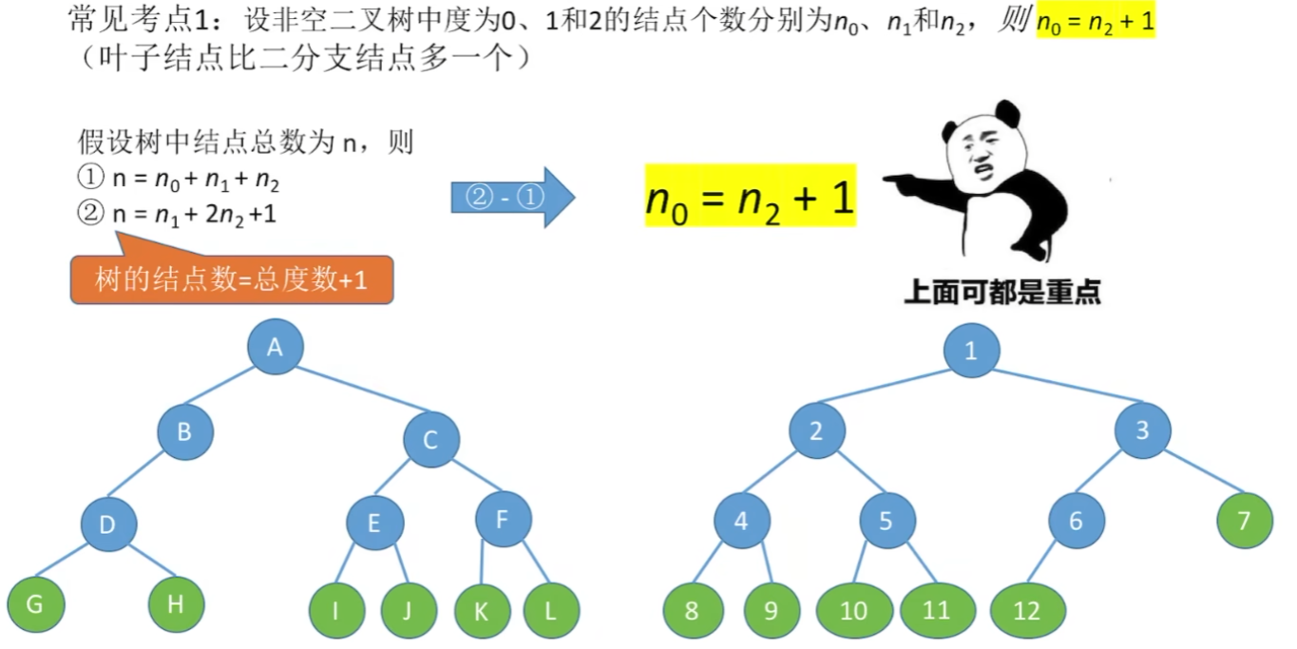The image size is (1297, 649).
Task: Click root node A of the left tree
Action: pos(275,347)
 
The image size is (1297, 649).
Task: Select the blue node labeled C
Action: pos(430,439)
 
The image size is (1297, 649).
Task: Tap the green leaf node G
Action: pos(35,603)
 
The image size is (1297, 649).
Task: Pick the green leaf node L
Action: pos(550,610)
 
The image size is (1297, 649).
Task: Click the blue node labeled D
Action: pos(108,524)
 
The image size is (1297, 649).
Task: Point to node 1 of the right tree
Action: pos(971,351)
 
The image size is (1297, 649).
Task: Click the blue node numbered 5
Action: pos(887,521)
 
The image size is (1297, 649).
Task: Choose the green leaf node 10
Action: pos(853,610)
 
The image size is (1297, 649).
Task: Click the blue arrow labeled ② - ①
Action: pos(512,197)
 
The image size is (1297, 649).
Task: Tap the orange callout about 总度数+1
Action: pos(231,279)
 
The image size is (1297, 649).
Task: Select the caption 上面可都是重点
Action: pos(1001,291)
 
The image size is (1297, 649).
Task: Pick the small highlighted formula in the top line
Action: pos(1095,21)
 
